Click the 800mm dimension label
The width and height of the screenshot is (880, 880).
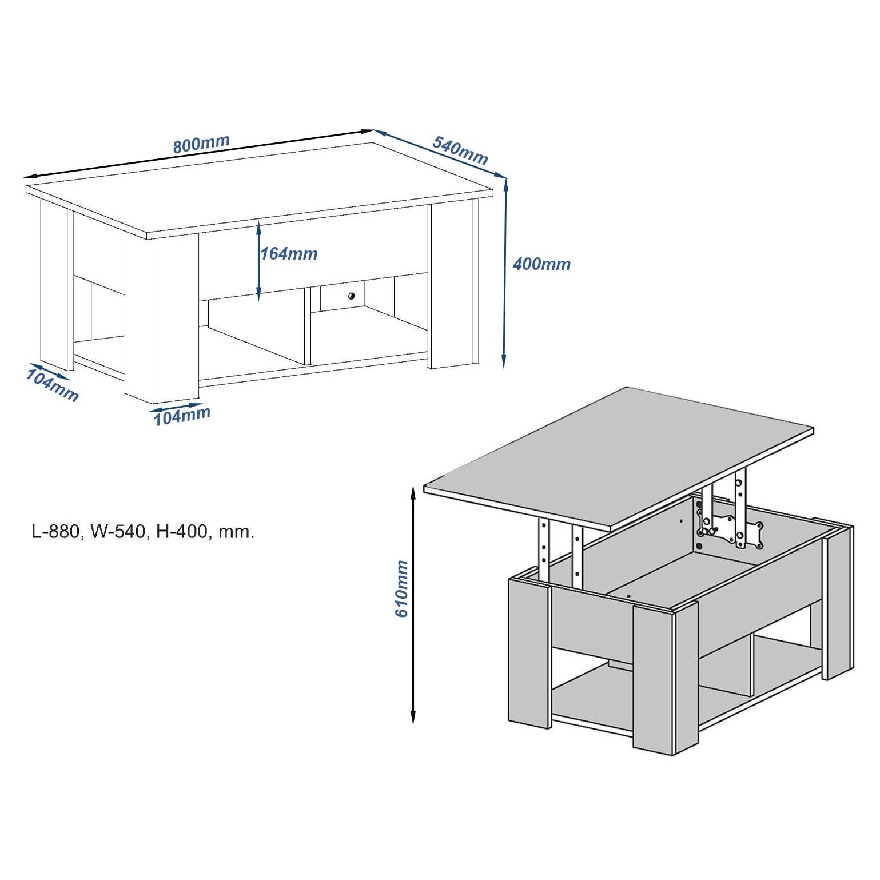pyautogui.click(x=201, y=144)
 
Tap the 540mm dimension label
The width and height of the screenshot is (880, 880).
pyautogui.click(x=460, y=150)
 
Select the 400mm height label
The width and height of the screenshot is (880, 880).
pyautogui.click(x=541, y=264)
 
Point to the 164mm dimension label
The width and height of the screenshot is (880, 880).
pyautogui.click(x=289, y=253)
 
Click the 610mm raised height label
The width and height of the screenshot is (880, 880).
pyautogui.click(x=401, y=588)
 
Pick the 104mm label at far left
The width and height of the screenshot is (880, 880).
pyautogui.click(x=52, y=385)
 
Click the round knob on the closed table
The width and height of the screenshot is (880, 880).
pyautogui.click(x=351, y=296)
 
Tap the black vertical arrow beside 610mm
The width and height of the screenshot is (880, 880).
pyautogui.click(x=413, y=605)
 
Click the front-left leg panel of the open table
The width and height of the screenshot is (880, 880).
pyautogui.click(x=529, y=652)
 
